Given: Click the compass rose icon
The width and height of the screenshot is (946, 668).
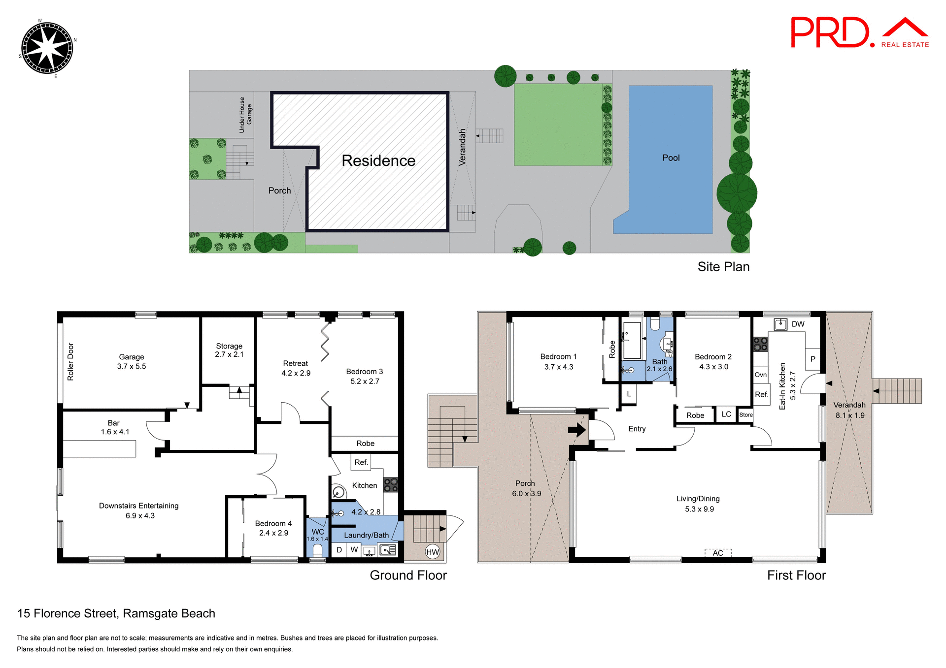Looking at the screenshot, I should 47,48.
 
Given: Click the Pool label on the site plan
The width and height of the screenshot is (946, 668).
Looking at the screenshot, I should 671,158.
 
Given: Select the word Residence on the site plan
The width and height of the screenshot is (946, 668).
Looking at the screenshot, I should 378,161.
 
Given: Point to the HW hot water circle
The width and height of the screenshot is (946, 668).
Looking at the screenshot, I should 432,552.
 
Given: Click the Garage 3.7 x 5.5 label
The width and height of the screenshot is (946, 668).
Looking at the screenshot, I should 132,361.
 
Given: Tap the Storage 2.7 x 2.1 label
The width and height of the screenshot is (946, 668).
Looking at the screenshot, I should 229,350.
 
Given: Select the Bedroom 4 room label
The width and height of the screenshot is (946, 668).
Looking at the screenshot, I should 273,528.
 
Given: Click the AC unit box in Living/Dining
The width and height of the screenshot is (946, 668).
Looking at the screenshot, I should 718,553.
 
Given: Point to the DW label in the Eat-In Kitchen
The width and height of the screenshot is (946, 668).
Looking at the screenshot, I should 798,324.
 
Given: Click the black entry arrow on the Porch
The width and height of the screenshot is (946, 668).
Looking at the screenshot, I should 576,430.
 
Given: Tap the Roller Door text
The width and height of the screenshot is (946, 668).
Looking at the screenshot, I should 70,362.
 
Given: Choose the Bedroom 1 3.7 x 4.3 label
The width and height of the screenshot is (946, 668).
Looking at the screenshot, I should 558,361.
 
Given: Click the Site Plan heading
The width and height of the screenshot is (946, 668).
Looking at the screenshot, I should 723,267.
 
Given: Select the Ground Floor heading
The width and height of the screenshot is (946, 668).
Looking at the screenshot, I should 408,575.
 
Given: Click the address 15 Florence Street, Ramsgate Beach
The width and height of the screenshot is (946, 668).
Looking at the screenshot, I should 116,613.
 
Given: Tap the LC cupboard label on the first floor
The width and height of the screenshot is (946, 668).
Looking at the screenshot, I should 726,414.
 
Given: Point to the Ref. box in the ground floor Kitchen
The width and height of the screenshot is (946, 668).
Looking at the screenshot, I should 361,462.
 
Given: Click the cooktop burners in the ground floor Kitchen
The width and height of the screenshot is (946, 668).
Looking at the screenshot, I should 391,484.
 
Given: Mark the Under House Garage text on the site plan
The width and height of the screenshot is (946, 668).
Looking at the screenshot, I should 245,115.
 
